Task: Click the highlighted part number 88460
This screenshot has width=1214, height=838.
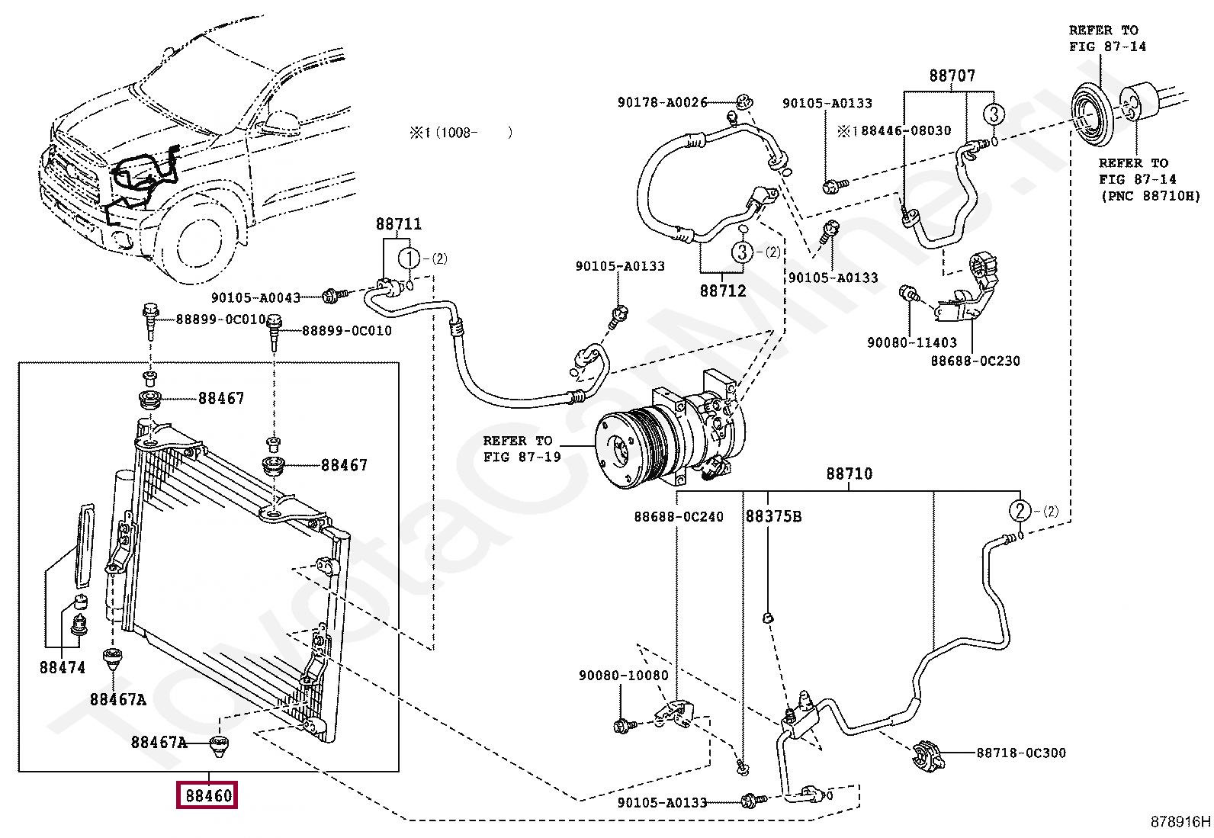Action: [x=208, y=795]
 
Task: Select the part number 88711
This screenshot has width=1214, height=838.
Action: [x=398, y=224]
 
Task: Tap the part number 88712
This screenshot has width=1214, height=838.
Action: [x=723, y=291]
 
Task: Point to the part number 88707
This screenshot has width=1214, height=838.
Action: [x=952, y=75]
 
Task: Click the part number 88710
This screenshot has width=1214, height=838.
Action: [x=849, y=474]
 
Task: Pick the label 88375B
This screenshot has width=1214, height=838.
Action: [x=773, y=516]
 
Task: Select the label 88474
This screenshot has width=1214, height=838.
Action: [x=63, y=667]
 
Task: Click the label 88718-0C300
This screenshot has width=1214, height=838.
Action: [x=1021, y=753]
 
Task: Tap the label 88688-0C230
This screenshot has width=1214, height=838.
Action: [x=975, y=361]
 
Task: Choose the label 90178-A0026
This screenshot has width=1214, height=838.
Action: [x=662, y=102]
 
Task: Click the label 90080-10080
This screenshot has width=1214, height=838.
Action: [x=623, y=676]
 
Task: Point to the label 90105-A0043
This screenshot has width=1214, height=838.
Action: [x=255, y=298]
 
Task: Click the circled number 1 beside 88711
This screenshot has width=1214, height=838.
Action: [x=409, y=258]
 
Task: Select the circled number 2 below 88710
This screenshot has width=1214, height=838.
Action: [x=1020, y=511]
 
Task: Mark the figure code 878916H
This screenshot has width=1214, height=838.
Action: [x=1180, y=821]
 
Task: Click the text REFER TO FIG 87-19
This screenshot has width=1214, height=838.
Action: [x=522, y=449]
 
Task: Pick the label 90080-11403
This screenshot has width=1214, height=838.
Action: [x=911, y=343]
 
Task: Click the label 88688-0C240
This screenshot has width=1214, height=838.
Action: [x=678, y=517]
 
